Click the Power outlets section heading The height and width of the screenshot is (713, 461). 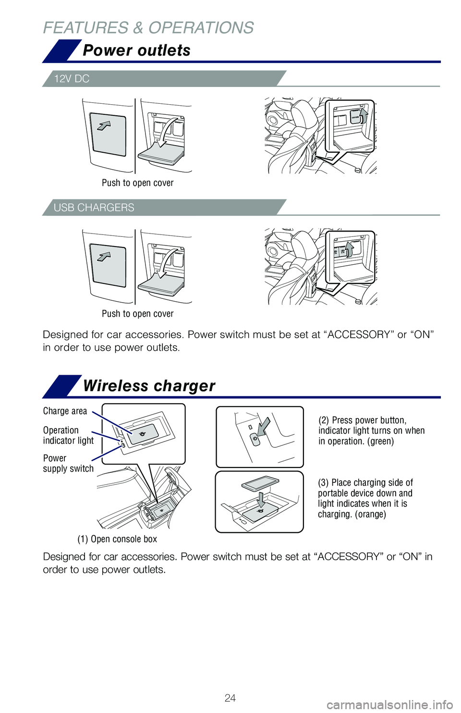(x=136, y=50)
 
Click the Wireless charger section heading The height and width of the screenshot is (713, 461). (x=149, y=386)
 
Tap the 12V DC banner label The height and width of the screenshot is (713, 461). (x=72, y=79)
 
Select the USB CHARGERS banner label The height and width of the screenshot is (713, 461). (x=94, y=208)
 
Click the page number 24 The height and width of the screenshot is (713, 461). (x=230, y=698)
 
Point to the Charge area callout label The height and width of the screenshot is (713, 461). (x=65, y=411)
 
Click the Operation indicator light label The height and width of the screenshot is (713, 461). (x=68, y=435)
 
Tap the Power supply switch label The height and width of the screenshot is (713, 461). (x=68, y=463)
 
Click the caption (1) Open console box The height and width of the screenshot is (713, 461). (x=117, y=539)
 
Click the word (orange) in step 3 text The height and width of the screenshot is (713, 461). (x=370, y=514)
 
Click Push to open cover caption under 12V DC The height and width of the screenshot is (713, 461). (x=137, y=183)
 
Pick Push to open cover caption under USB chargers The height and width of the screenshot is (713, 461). (x=137, y=314)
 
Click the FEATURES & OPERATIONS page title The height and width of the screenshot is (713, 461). (x=148, y=28)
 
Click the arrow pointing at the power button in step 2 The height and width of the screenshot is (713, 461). (x=263, y=426)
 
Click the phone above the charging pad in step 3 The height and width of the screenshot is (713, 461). (x=260, y=483)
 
